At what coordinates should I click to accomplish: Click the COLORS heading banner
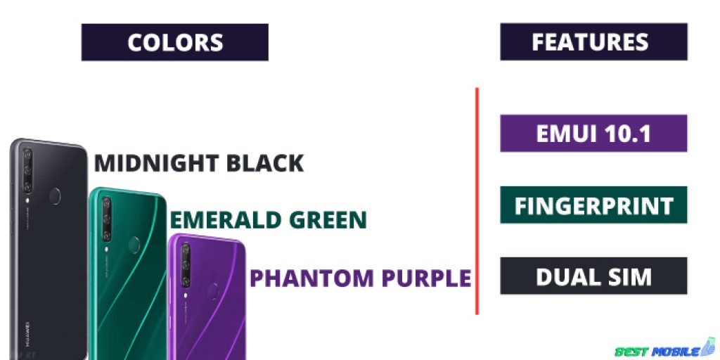coord(175,42)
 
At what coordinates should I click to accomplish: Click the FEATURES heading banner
coord(593,41)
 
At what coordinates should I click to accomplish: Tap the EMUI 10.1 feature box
coord(593,133)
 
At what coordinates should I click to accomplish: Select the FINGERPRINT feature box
coord(593,205)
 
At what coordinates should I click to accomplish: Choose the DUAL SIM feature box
coord(593,276)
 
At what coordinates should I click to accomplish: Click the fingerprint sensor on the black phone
coord(55,195)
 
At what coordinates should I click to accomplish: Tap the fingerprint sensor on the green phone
coord(134,245)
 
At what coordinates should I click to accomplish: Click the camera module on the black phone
coord(27,170)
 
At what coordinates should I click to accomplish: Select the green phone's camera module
coord(107,219)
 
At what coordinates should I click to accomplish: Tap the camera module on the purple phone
coord(186,265)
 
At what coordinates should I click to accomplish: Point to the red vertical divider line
coord(477,201)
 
